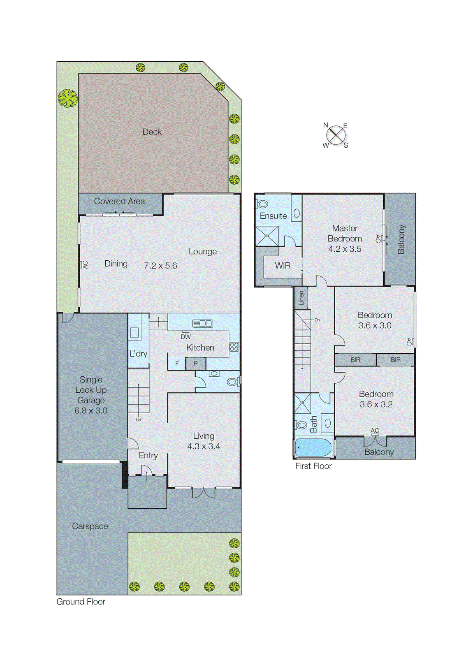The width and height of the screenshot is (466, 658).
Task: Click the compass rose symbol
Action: (x=336, y=135)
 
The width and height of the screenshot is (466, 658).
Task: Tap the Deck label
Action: (x=152, y=132)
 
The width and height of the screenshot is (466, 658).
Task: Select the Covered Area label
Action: (x=119, y=201)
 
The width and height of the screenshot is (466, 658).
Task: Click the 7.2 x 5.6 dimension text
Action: (x=160, y=266)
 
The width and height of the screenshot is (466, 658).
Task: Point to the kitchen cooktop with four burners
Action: (x=234, y=347)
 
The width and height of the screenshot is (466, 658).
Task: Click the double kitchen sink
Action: (x=203, y=324)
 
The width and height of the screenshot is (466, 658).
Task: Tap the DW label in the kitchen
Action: (x=185, y=336)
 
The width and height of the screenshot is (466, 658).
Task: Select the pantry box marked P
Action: (x=195, y=364)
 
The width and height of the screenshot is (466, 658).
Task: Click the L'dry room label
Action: (x=138, y=354)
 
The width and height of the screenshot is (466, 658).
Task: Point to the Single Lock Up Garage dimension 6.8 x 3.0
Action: (x=91, y=410)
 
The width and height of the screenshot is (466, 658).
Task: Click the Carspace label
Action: (x=90, y=526)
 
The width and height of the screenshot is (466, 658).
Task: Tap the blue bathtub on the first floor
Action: (x=313, y=448)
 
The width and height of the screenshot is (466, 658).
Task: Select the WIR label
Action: (x=283, y=266)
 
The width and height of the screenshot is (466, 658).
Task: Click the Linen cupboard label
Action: (x=301, y=298)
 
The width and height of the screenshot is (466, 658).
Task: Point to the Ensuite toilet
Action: (x=262, y=204)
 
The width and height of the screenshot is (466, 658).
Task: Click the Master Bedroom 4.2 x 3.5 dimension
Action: (x=345, y=249)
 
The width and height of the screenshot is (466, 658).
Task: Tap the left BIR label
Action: (x=355, y=360)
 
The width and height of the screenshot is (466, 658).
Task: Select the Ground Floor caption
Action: (x=81, y=602)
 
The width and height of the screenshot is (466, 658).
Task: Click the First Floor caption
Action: (x=313, y=466)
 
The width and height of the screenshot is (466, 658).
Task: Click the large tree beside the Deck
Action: (x=67, y=99)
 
